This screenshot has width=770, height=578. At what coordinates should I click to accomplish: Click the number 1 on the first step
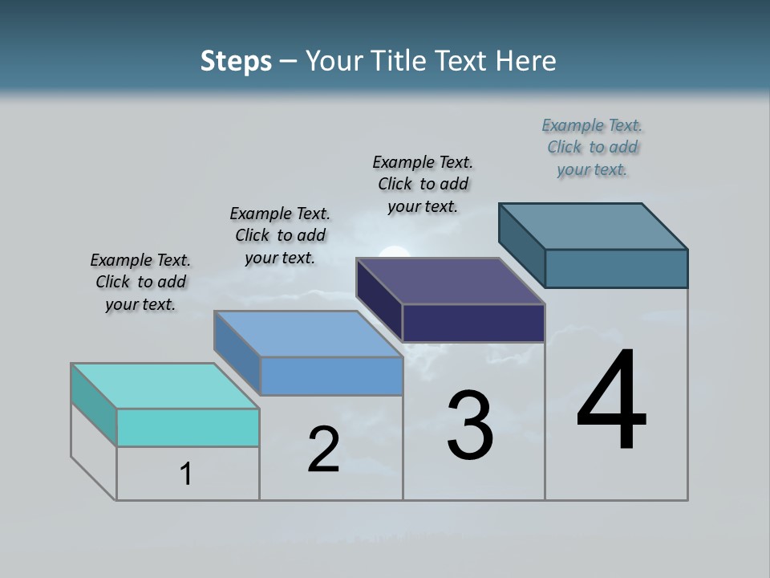186,474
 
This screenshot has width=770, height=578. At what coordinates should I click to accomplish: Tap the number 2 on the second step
323,450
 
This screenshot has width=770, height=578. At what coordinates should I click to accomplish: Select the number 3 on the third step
470,425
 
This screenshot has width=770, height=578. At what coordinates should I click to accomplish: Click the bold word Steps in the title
236,61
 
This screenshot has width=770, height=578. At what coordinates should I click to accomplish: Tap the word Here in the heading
525,61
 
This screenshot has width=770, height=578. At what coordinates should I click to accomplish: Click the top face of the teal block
165,386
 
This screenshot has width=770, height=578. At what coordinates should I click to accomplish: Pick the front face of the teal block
188,427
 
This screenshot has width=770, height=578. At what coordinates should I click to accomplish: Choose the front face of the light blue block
331,376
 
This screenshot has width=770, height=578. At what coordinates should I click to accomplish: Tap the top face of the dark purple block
451,281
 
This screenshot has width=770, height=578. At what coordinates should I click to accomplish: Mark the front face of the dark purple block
473,323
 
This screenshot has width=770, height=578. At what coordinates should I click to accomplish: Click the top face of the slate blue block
594,226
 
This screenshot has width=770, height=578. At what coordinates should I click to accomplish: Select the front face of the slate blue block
616,268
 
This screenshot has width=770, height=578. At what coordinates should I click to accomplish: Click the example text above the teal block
140,282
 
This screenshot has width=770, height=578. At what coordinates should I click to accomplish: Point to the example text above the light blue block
280,235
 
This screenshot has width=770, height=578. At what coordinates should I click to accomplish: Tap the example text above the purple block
423,184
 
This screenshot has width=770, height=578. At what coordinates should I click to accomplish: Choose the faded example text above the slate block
592,147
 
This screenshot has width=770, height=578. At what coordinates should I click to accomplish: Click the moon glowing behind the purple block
393,253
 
